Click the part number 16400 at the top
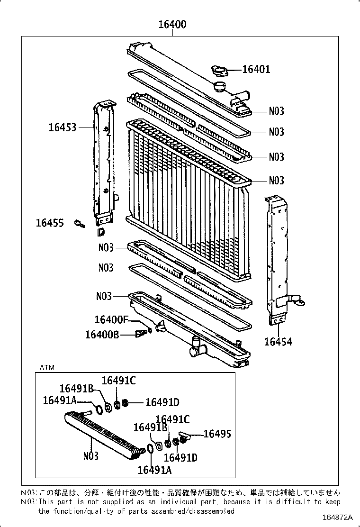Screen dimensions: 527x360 coord(172,25)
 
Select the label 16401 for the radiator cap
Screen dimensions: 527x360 coord(256,70)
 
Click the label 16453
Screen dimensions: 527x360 coord(62,127)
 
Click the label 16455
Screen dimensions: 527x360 coord(50,223)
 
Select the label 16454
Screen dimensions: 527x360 coord(278,342)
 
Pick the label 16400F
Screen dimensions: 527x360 coord(111,320)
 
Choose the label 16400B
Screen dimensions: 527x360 coord(102,335)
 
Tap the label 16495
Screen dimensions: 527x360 coord(217,434)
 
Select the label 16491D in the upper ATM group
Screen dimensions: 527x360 coord(162,403)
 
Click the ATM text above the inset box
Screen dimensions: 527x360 coord(47,368)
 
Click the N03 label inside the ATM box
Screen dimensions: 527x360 coord(90,456)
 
